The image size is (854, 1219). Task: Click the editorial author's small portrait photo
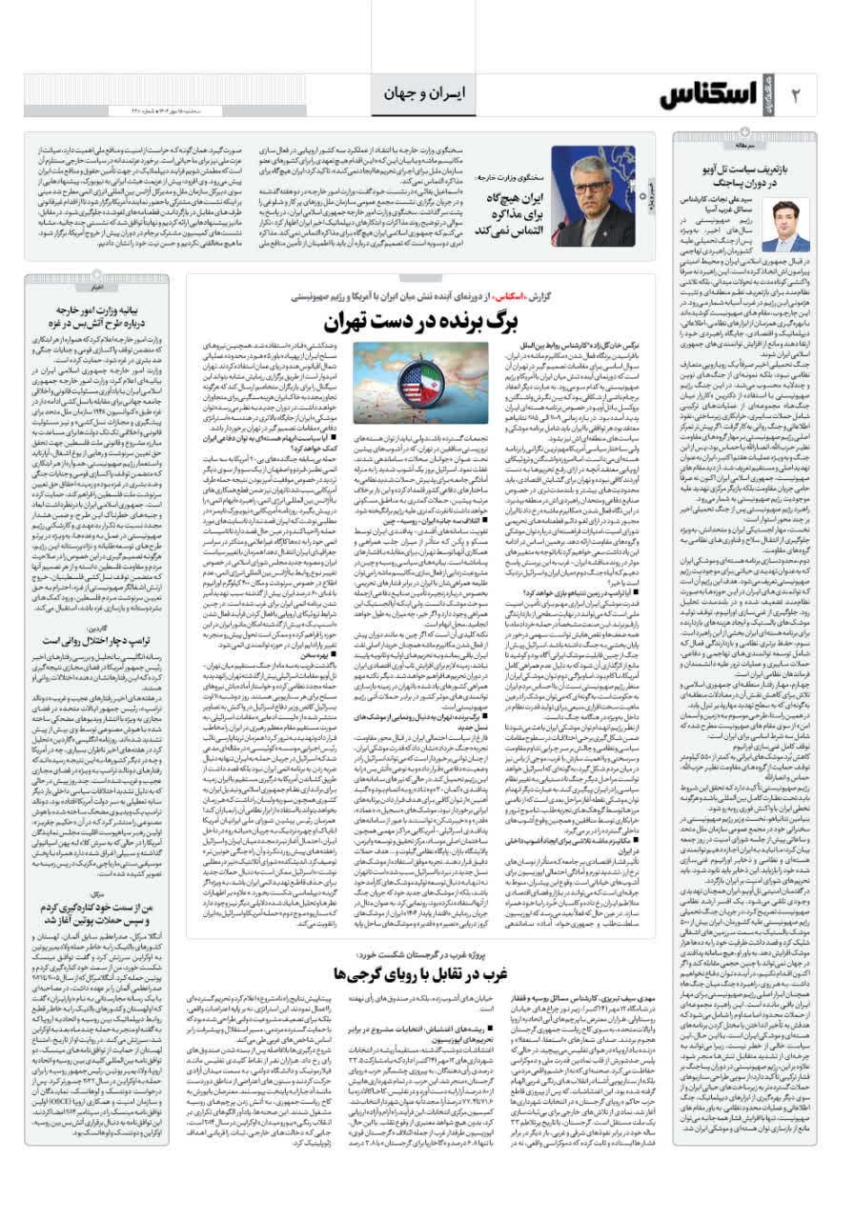coord(792,225)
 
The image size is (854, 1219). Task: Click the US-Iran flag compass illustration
coord(407,383)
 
